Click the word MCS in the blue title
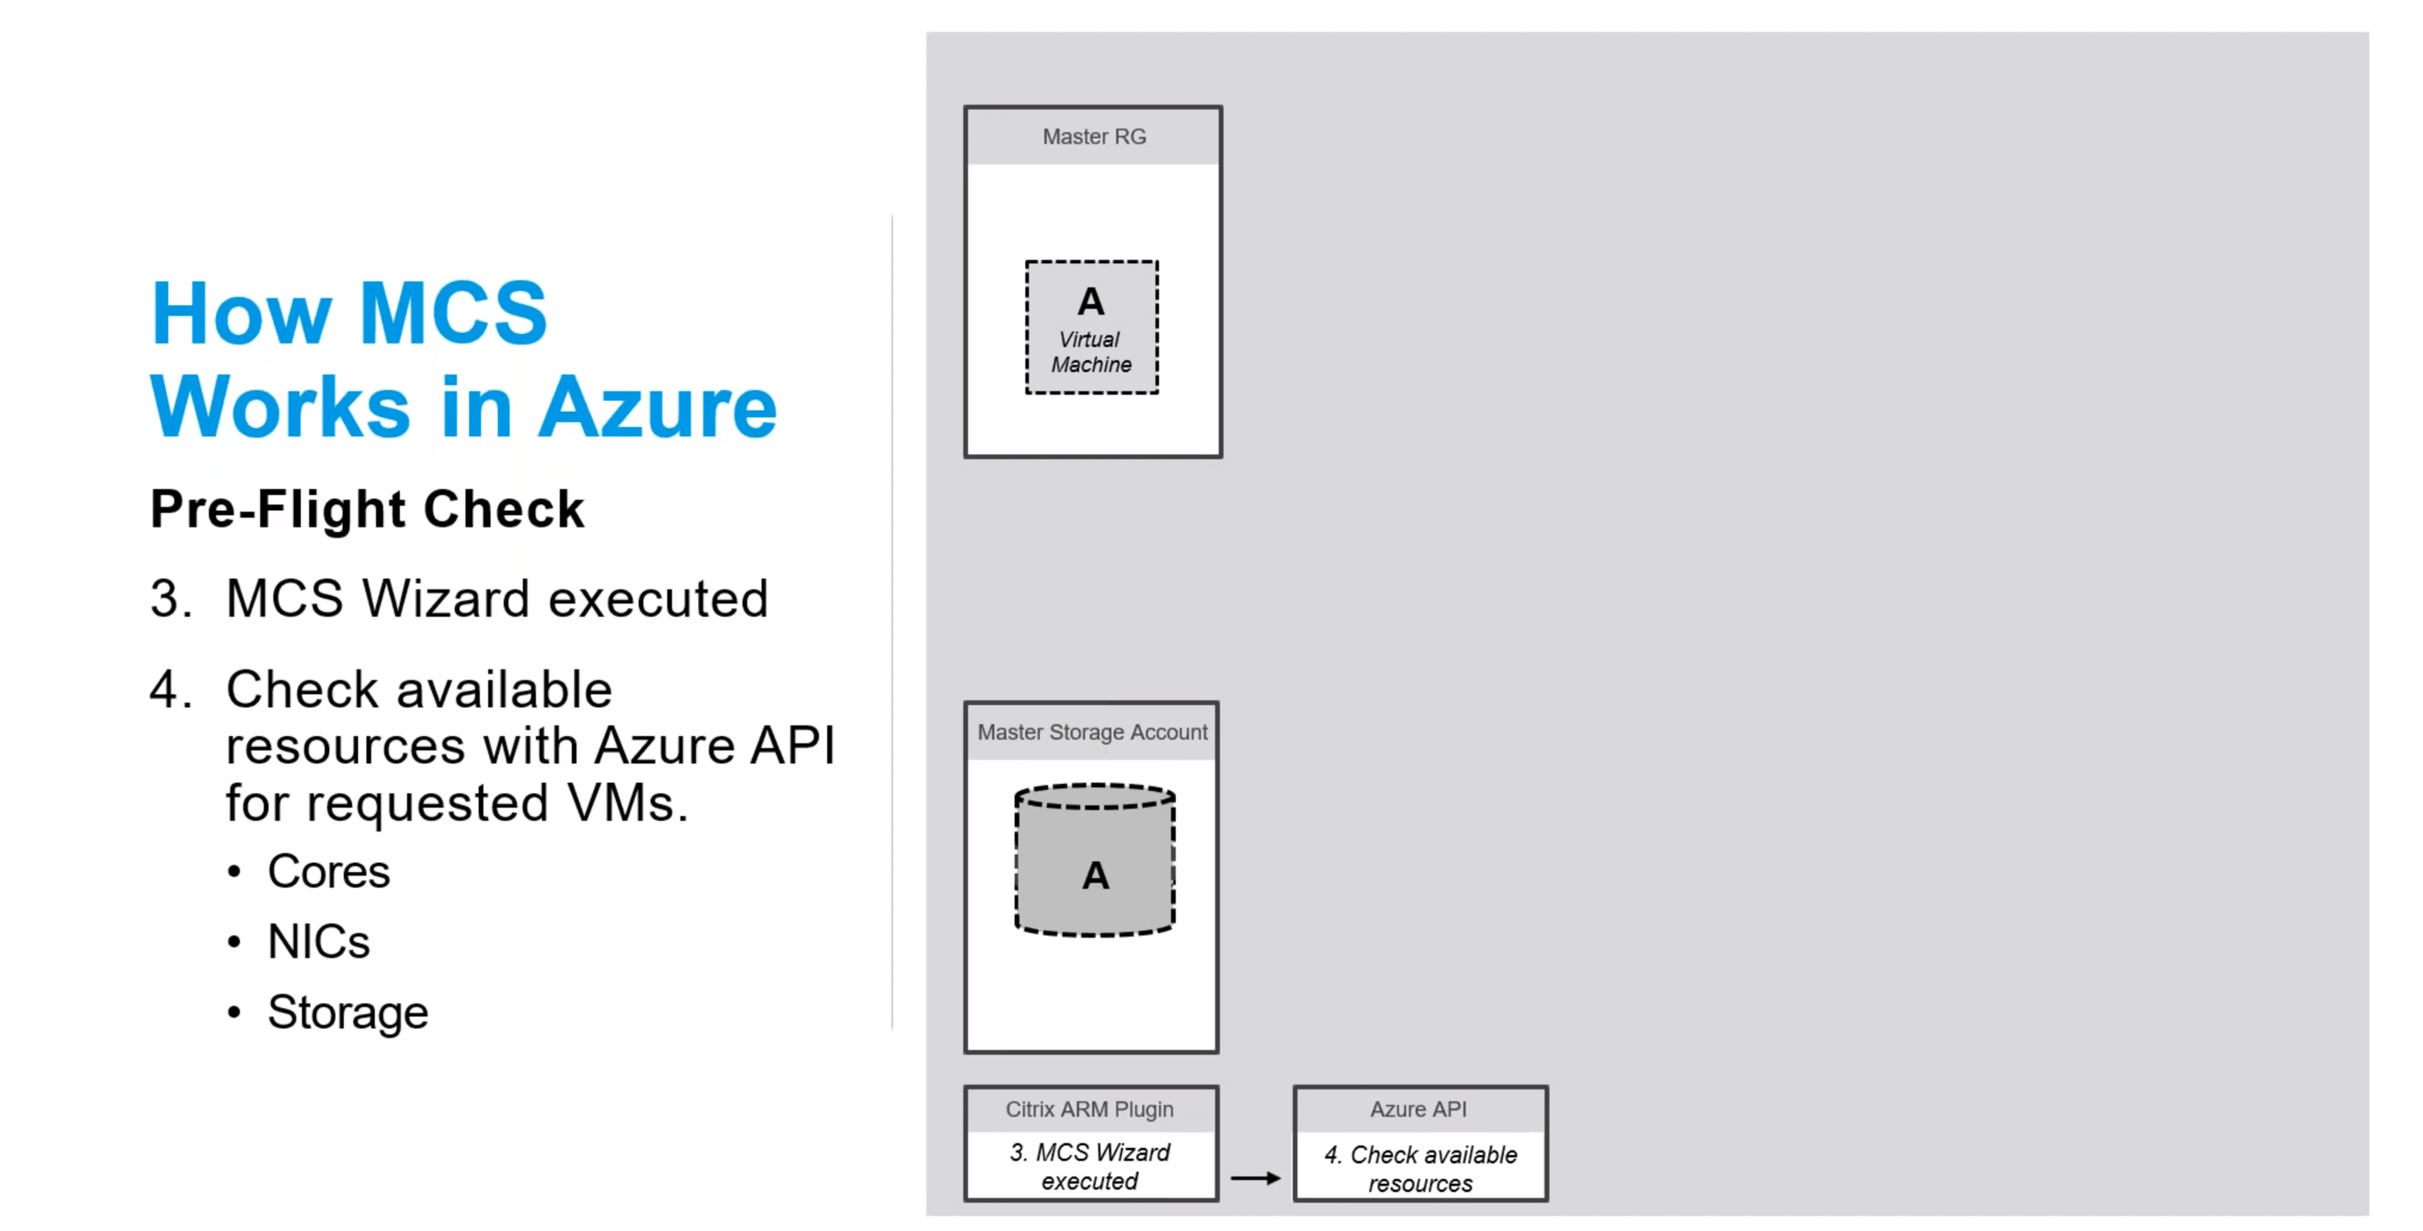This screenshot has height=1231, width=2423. (452, 313)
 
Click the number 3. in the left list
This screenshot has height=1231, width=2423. (171, 598)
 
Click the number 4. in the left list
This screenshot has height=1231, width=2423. (171, 689)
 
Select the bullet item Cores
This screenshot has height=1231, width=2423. (329, 871)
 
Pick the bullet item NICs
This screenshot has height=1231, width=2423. (318, 942)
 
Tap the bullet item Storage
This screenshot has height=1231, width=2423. (347, 1013)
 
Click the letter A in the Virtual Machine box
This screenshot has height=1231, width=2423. (1091, 302)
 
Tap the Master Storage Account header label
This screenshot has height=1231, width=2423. (1091, 733)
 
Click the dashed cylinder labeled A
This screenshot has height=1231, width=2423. (1095, 860)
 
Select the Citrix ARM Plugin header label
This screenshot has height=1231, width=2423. (1089, 1110)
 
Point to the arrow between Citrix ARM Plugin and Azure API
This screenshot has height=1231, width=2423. (1256, 1178)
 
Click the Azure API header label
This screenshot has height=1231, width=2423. (1419, 1110)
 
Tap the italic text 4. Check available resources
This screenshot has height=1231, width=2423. (1420, 1169)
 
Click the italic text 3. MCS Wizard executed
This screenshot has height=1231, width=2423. (1089, 1167)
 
